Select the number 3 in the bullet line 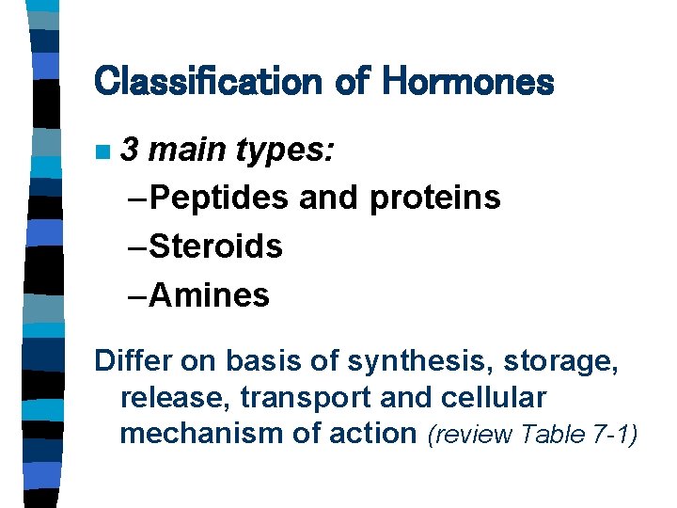[x=133, y=149]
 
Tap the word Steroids [x=215, y=246]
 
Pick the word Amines [x=209, y=295]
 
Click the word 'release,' [x=176, y=396]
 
